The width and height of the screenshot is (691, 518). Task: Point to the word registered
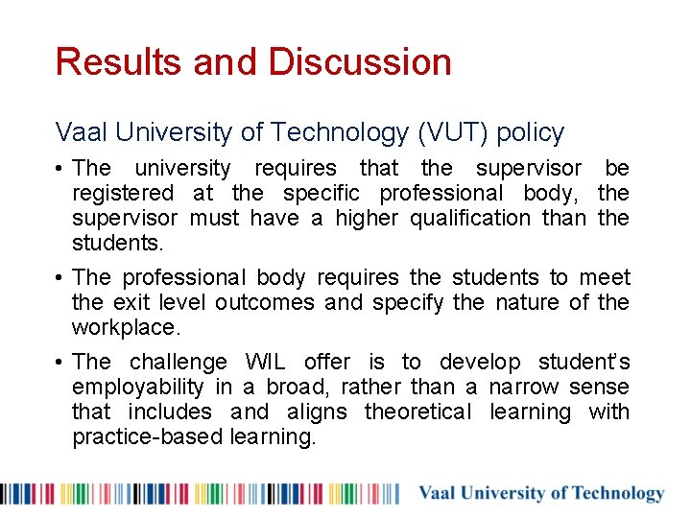click(123, 194)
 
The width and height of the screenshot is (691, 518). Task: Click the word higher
click(369, 219)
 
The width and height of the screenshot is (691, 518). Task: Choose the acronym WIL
click(265, 363)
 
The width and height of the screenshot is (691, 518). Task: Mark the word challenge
click(178, 363)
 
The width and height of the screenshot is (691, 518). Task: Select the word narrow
click(528, 388)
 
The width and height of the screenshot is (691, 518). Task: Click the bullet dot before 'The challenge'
click(60, 363)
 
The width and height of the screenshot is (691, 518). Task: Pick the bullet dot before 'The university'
click(60, 169)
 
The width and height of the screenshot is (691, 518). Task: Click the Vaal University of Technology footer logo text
click(540, 494)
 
